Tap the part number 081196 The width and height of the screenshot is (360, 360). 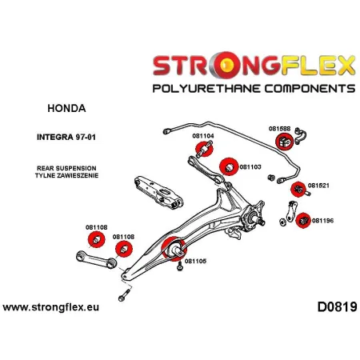pos(323,222)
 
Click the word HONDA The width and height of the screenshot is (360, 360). pos(54,107)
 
